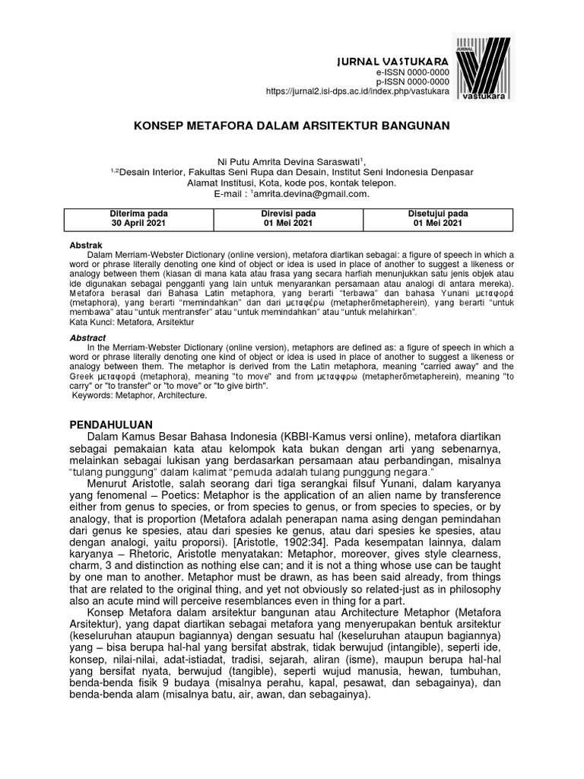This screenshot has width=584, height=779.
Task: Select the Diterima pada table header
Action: point(139,213)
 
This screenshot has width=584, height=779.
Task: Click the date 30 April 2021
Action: point(139,224)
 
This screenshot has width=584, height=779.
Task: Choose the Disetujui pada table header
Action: point(437,213)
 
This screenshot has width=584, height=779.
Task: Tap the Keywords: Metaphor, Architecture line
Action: point(139,396)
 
